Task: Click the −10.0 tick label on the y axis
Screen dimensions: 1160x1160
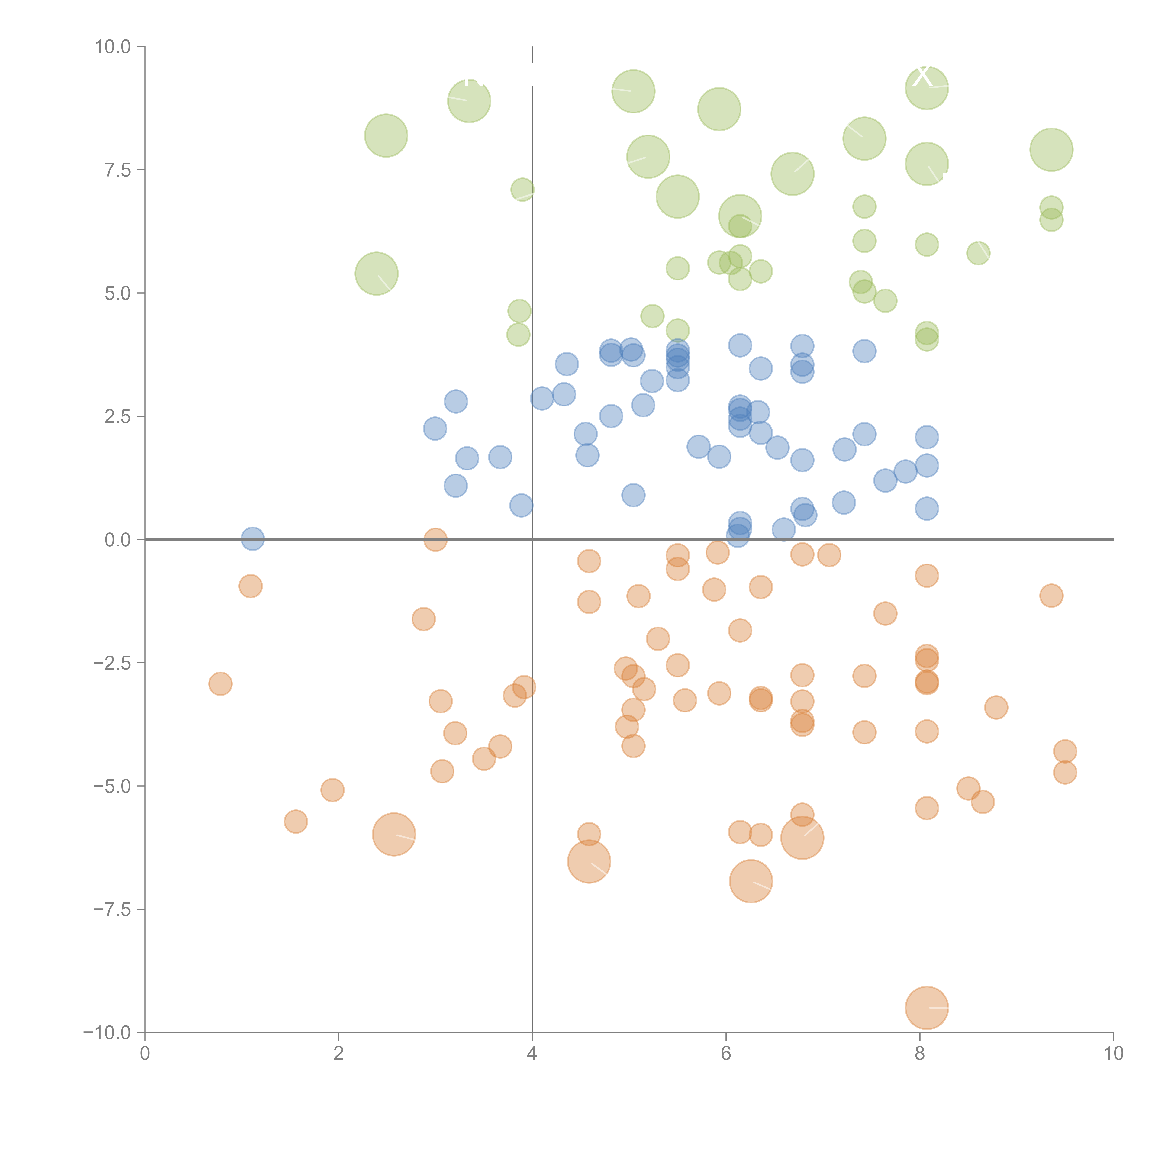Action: (x=107, y=1033)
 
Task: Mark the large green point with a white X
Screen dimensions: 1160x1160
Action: (x=926, y=88)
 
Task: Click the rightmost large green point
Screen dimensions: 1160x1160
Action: (x=1051, y=149)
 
